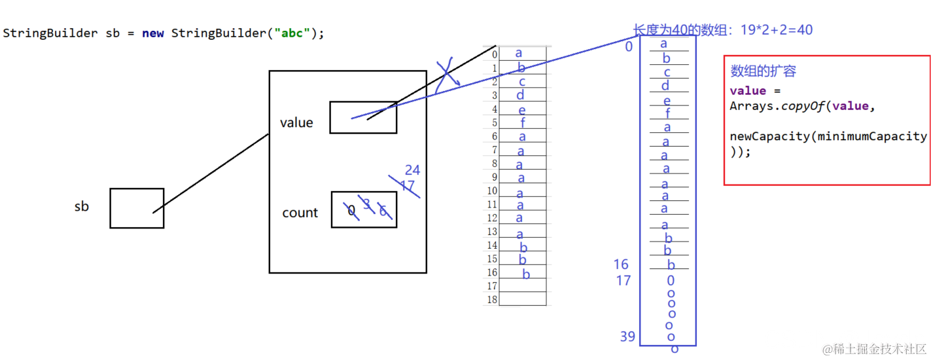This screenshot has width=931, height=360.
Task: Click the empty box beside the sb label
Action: [x=137, y=208]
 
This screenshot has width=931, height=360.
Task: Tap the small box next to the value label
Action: [x=363, y=118]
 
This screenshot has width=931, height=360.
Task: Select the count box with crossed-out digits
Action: [x=364, y=209]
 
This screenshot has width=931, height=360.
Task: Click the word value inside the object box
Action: [x=296, y=123]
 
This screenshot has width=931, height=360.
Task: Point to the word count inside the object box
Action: [x=300, y=213]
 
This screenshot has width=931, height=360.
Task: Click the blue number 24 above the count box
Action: [x=412, y=171]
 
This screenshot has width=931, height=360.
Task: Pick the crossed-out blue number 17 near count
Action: [x=408, y=187]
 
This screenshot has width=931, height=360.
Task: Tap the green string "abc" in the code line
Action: [x=292, y=33]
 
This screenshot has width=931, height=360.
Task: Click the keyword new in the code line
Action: [x=153, y=33]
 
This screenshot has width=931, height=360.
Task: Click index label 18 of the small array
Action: [x=491, y=300]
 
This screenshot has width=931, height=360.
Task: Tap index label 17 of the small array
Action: [x=491, y=286]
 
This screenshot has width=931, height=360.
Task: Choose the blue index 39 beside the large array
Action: [x=627, y=337]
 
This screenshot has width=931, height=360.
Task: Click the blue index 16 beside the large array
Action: [x=620, y=264]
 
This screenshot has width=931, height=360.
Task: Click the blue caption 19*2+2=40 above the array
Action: [x=776, y=30]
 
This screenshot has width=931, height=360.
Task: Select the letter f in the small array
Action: [x=523, y=122]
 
